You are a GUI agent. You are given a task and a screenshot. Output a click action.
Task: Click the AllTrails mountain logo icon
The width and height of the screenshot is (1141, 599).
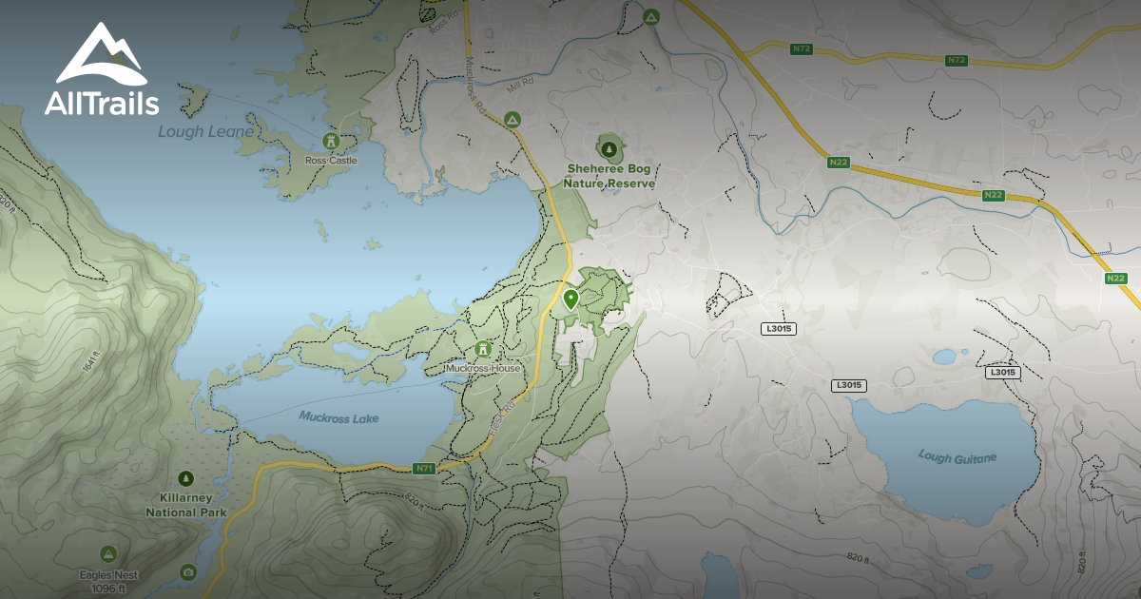[x=100, y=56]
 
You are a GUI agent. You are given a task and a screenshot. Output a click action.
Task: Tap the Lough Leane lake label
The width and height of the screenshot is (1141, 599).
[x=205, y=131]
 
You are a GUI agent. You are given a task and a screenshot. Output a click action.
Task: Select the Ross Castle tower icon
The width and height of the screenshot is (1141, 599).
[x=331, y=141]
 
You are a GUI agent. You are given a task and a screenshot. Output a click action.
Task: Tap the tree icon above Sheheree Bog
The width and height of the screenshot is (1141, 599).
[x=609, y=148]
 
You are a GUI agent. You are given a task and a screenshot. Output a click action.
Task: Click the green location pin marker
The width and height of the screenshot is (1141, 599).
[x=570, y=300]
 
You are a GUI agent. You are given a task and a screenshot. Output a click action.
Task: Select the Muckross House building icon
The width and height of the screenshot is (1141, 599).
[x=483, y=350]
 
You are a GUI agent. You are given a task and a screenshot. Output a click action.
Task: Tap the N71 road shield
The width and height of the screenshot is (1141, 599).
[x=424, y=468]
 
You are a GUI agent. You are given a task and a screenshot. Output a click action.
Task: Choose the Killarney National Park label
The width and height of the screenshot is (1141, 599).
[x=186, y=505]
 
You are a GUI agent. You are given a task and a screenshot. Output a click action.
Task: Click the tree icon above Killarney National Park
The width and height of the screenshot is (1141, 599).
[x=186, y=478]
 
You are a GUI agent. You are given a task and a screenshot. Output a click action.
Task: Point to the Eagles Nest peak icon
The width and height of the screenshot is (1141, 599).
[x=108, y=553]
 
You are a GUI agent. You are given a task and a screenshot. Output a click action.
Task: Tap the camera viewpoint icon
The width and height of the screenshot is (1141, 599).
[x=188, y=571]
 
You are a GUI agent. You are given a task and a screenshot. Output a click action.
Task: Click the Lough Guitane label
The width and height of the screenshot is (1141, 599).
[x=957, y=457]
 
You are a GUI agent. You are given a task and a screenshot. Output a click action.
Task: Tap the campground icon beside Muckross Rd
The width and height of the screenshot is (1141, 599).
[x=512, y=120]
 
